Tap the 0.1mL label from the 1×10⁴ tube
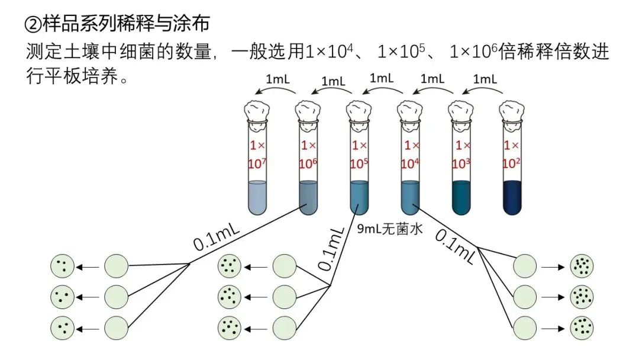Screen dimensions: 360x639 tap(455, 246)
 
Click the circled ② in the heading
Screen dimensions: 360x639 tap(32, 24)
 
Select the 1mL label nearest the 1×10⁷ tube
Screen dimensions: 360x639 tap(278, 79)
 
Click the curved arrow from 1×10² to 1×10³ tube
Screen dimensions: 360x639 tap(483, 90)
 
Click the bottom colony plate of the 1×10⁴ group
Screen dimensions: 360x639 tap(581, 326)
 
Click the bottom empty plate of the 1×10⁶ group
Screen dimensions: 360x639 tap(117, 326)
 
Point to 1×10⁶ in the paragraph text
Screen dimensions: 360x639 tap(474, 52)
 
